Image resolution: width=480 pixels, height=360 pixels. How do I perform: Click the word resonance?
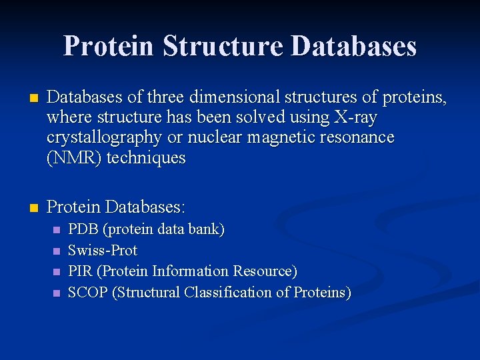353,138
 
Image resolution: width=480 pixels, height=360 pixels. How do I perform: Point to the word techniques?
146,158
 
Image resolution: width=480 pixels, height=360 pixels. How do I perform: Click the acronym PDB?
83,229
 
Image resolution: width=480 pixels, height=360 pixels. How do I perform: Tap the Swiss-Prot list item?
103,251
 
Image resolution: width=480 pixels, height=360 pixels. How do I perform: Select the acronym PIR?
81,271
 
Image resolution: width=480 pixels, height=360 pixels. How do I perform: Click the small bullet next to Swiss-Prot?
55,251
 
